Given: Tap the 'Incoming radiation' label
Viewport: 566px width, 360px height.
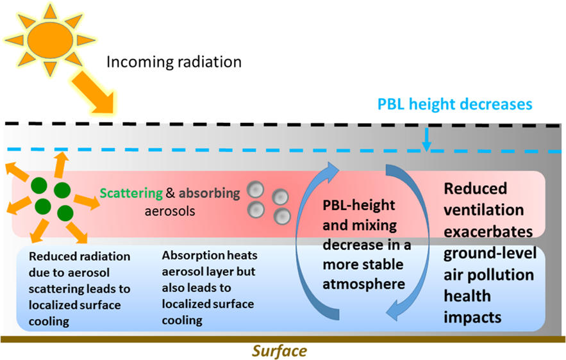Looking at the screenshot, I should (174, 62).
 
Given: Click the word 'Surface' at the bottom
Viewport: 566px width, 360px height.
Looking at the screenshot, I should (279, 350).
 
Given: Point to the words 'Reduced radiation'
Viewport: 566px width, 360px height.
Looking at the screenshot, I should (79, 257).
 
